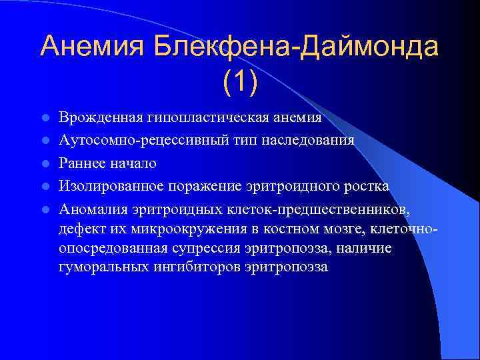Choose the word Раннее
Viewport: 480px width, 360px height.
point(82,163)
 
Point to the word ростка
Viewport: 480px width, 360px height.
point(366,186)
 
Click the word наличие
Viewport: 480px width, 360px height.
point(367,249)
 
